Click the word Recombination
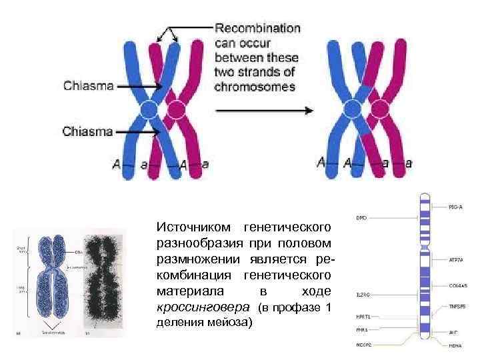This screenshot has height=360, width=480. [x=257, y=29]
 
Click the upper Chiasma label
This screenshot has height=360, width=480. [x=88, y=85]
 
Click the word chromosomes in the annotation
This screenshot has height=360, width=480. [x=255, y=87]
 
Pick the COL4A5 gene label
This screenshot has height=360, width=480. [x=457, y=285]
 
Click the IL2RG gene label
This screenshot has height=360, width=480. [x=363, y=294]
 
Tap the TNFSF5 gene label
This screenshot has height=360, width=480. [x=457, y=307]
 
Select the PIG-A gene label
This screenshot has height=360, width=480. [x=456, y=207]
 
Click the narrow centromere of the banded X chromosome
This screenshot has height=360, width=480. [x=423, y=248]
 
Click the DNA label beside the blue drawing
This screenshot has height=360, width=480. [x=79, y=252]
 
